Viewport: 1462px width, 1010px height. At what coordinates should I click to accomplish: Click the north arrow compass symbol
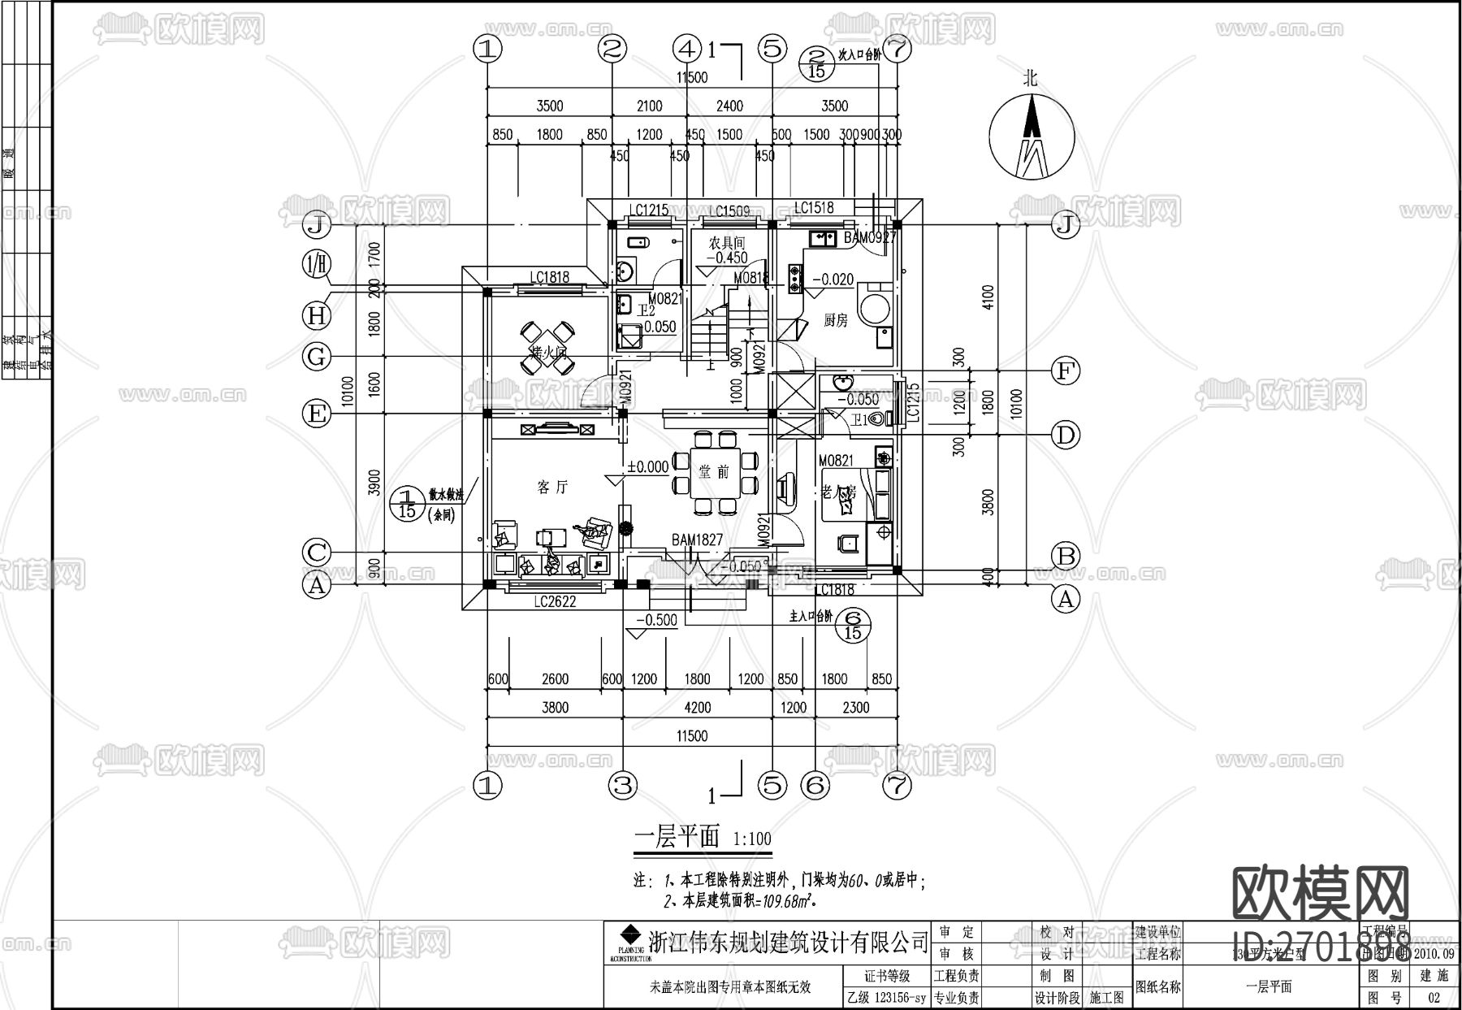click(1032, 135)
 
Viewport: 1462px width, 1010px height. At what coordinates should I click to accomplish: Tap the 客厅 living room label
click(552, 487)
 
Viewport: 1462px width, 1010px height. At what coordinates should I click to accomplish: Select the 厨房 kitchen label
click(835, 321)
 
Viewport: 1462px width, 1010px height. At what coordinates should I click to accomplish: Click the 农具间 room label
click(726, 242)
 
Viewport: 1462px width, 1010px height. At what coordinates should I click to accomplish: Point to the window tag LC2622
click(555, 602)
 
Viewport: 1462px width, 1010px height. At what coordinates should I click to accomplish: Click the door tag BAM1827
click(696, 540)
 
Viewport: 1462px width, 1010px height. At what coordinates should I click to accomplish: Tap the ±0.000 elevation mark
click(647, 466)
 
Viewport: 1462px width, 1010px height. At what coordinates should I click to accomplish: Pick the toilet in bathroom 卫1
click(877, 419)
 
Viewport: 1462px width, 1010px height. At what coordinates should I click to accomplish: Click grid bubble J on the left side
click(317, 224)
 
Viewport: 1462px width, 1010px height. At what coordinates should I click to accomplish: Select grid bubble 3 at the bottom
click(623, 785)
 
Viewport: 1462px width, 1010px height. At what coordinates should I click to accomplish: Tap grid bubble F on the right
click(1065, 371)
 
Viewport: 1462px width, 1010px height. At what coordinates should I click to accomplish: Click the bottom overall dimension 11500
click(690, 735)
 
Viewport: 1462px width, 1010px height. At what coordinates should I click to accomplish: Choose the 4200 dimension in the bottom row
click(697, 707)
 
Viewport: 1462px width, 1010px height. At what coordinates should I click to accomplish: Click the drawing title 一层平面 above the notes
click(677, 837)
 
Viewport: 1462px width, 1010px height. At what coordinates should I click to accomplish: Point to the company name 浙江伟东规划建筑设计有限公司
click(788, 942)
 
